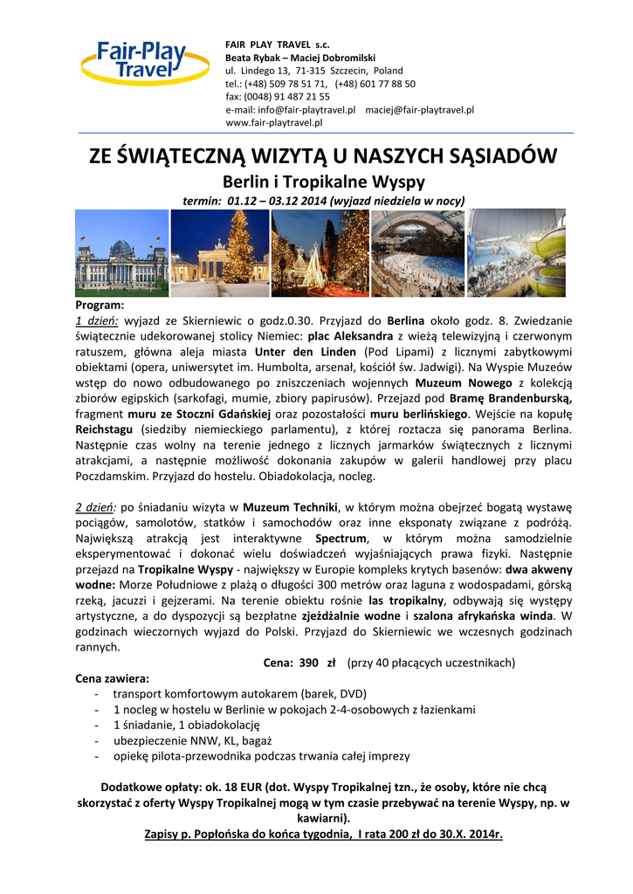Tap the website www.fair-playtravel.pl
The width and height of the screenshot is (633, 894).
pos(274,123)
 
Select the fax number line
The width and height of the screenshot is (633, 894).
pos(278,97)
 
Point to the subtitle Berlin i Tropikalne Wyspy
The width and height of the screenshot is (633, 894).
pos(324,182)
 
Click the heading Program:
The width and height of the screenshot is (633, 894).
pos(100,306)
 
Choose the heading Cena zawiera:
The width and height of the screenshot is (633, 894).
pos(112,678)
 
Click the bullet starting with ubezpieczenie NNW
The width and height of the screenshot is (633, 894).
pos(180,740)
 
